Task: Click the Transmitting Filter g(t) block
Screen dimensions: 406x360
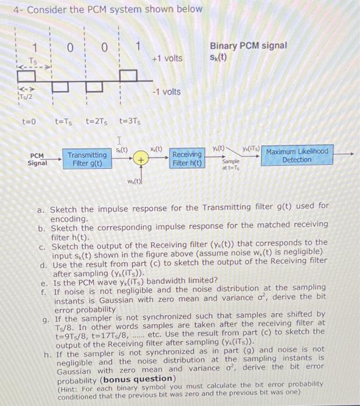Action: (x=87, y=159)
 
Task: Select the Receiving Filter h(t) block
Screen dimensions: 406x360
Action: (x=187, y=159)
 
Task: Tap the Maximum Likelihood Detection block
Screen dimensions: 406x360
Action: (x=297, y=155)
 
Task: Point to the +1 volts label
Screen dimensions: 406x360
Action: (x=166, y=58)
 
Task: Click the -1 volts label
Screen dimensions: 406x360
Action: (x=166, y=92)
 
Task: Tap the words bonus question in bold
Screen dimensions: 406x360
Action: (x=141, y=379)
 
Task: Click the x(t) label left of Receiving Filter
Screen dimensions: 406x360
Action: (x=157, y=148)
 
